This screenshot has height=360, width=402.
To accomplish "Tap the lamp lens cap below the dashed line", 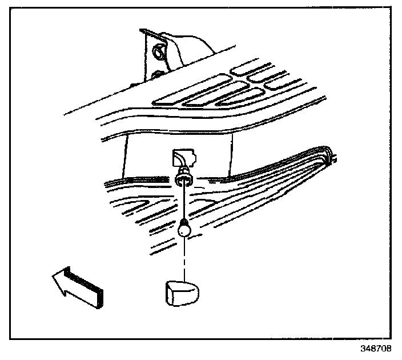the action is coord(179,291).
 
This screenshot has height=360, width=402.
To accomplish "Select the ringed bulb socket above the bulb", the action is coord(184,178).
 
